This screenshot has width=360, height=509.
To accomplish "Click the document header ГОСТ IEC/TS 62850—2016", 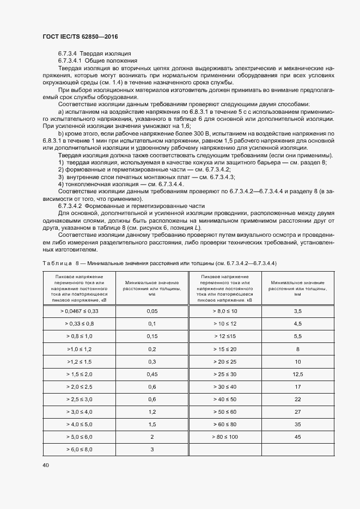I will (80, 36).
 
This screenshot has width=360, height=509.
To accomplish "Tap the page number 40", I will (45, 465).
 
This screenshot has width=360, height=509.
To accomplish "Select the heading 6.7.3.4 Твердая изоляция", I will (94, 54).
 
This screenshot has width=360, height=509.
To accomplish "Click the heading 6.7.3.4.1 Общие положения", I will (97, 60).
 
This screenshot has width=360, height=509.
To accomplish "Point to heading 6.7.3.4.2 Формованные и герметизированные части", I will (131, 191).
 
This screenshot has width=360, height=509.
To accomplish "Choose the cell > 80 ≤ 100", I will (225, 437).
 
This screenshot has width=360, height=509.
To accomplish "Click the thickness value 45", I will (297, 437).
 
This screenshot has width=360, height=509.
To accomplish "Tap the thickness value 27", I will (297, 412).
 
